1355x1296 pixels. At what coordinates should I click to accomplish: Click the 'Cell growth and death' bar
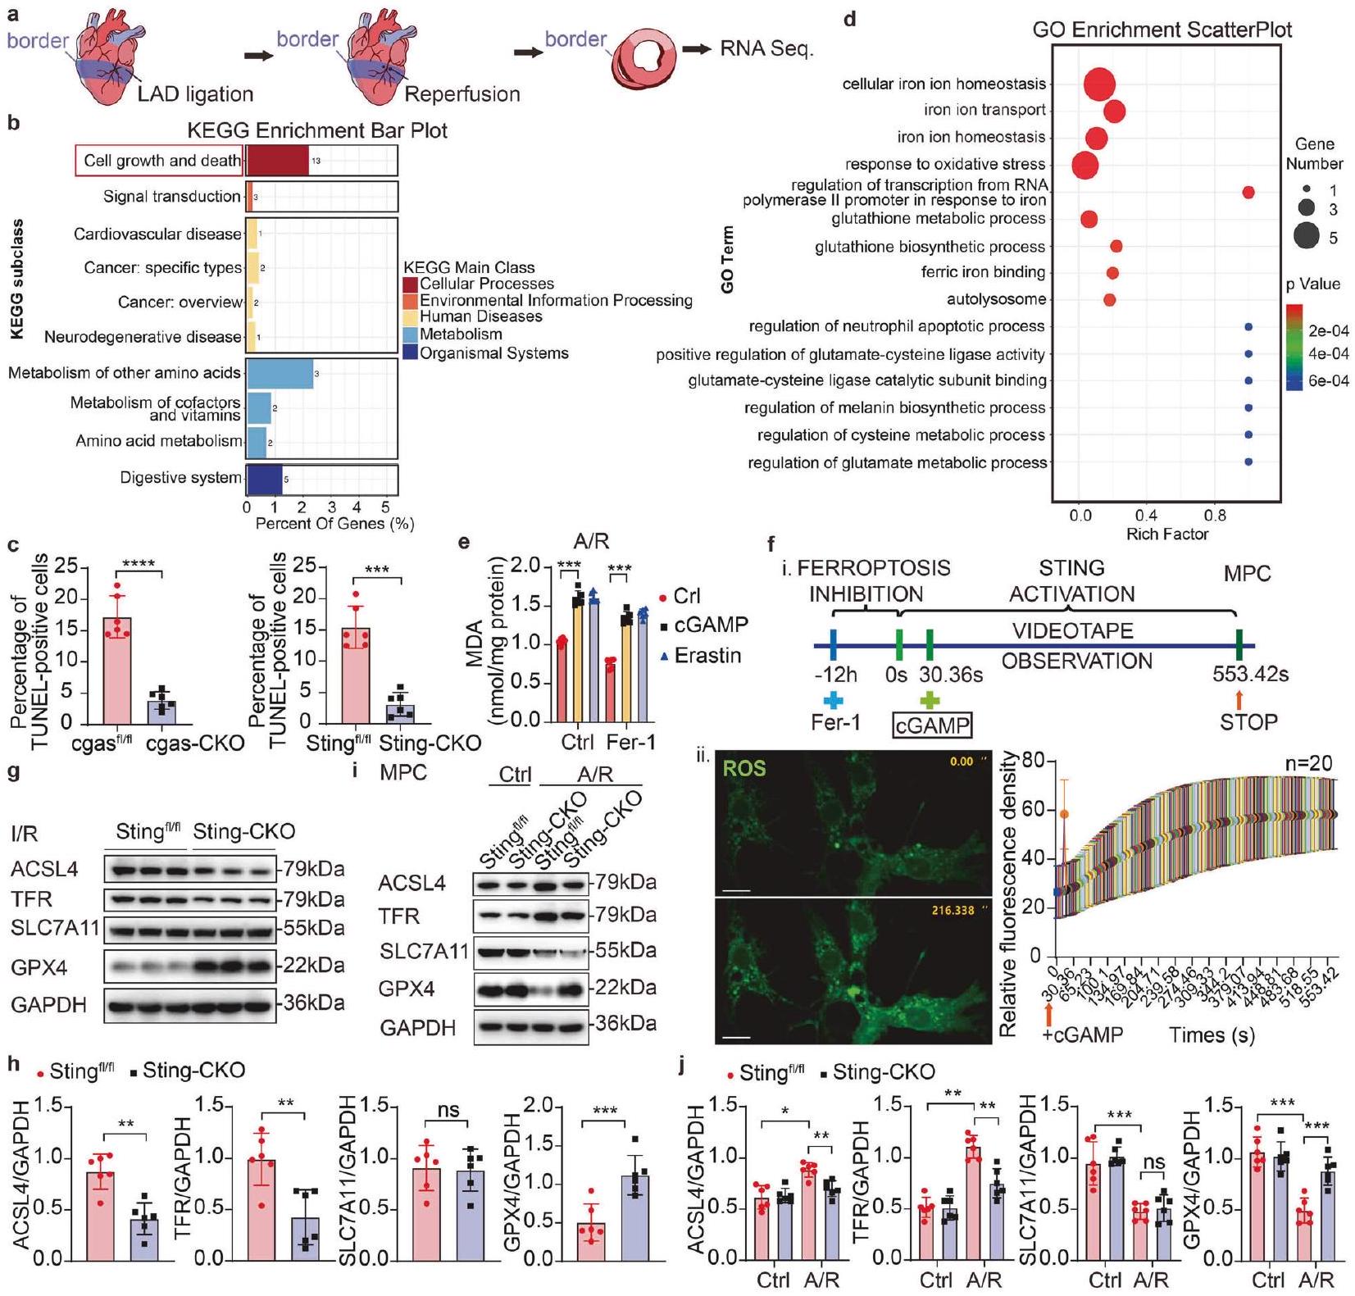coord(277,161)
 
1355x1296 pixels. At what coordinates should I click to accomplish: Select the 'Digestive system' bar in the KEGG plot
coord(264,479)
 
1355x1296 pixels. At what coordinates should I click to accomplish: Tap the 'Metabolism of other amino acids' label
coord(125,373)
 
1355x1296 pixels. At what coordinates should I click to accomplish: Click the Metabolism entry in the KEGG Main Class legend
coord(461,334)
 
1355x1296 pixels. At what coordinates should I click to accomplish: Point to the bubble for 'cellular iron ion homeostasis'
coord(1098,84)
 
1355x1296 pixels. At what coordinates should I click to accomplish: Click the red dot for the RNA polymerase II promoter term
coord(1248,193)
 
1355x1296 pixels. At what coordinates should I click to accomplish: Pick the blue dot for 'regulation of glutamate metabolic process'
coord(1248,462)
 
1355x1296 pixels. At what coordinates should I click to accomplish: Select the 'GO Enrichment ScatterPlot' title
coord(1162,30)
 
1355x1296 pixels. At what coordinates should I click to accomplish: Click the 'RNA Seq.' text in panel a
coord(766,49)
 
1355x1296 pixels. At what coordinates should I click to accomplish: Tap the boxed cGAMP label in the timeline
coord(930,725)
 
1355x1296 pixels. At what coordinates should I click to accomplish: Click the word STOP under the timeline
coord(1248,722)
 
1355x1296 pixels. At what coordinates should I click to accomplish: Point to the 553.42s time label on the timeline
coord(1250,675)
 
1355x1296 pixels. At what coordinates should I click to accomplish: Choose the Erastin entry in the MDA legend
coord(707,656)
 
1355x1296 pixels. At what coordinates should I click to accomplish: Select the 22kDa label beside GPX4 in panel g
coord(314,966)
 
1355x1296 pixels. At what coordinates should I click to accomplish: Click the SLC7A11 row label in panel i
coord(424,952)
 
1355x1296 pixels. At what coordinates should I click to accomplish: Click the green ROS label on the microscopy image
coord(743,768)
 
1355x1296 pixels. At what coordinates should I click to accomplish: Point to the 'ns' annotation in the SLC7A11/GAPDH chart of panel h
coord(448,1111)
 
